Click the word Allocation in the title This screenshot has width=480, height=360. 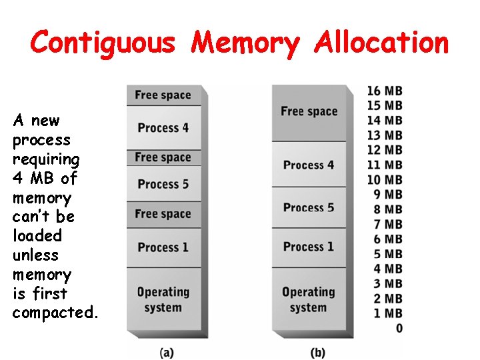[382, 43]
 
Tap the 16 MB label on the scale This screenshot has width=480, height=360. [385, 91]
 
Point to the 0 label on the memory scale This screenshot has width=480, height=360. [399, 328]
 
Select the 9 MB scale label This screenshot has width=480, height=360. [389, 195]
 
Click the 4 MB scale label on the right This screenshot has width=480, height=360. [389, 269]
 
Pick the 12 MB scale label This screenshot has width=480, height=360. [385, 150]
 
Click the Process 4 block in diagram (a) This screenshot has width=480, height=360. [163, 127]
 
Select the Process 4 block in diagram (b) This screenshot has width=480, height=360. [309, 165]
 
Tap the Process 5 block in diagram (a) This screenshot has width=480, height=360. [163, 184]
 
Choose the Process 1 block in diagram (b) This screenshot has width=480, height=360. [309, 247]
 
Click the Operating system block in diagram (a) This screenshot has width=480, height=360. [163, 300]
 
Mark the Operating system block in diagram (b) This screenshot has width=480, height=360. [309, 300]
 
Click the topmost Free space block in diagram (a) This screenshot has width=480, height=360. [163, 95]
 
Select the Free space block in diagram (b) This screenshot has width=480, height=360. [309, 111]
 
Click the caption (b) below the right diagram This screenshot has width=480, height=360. [317, 352]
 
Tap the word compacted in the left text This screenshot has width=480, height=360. [55, 313]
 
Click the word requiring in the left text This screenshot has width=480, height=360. [46, 159]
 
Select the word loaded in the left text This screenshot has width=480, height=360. [37, 236]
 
